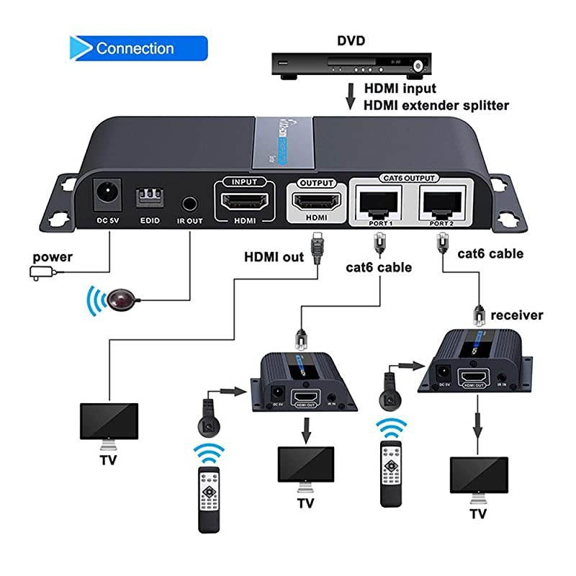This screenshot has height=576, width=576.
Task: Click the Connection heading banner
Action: (x=137, y=49)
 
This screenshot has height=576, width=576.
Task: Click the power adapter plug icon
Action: (x=37, y=272)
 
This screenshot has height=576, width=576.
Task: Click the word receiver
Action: (x=516, y=315)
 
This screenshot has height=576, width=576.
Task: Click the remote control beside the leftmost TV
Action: (x=210, y=487)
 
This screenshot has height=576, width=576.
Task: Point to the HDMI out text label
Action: (x=274, y=256)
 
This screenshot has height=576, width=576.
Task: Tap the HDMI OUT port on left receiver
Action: (x=302, y=397)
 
